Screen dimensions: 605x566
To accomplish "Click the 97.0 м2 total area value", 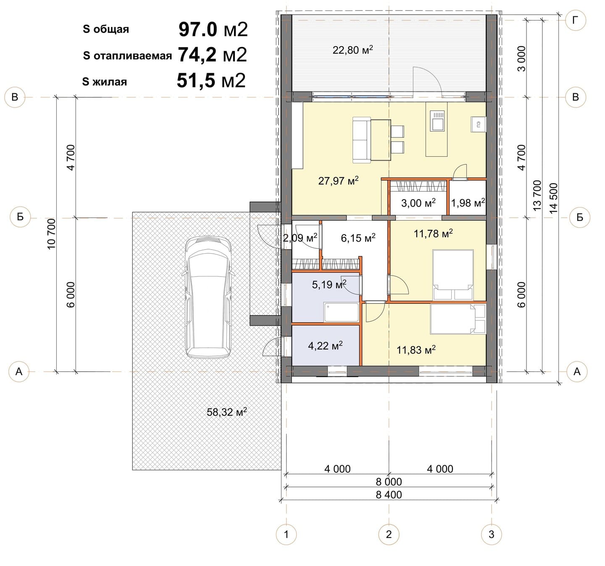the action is pyautogui.click(x=213, y=29).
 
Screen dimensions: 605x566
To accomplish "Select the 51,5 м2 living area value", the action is pyautogui.click(x=211, y=81).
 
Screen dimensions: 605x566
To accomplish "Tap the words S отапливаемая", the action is pyautogui.click(x=127, y=56).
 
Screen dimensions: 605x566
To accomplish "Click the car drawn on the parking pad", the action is pyautogui.click(x=208, y=297).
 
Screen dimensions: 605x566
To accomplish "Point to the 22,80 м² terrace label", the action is pyautogui.click(x=353, y=50).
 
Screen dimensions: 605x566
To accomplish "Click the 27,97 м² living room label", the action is pyautogui.click(x=339, y=181).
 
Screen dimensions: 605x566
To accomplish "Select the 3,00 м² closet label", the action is pyautogui.click(x=418, y=203).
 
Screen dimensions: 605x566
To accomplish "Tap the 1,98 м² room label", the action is pyautogui.click(x=468, y=203).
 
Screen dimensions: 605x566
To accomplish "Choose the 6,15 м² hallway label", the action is pyautogui.click(x=358, y=238).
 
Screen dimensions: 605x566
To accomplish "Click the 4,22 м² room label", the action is pyautogui.click(x=325, y=346).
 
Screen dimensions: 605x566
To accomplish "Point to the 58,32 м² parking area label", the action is pyautogui.click(x=227, y=412).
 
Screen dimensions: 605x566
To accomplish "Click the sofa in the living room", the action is pyautogui.click(x=362, y=140).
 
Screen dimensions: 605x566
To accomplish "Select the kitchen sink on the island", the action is pyautogui.click(x=437, y=121).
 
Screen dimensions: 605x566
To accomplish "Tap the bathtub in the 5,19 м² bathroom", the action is pyautogui.click(x=342, y=312).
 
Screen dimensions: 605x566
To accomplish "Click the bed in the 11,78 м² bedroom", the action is pyautogui.click(x=453, y=275).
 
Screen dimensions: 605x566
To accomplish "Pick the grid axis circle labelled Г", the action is pyautogui.click(x=576, y=21).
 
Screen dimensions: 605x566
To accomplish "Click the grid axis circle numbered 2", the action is pyautogui.click(x=389, y=534).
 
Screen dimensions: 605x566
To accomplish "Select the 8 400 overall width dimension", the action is pyautogui.click(x=389, y=495).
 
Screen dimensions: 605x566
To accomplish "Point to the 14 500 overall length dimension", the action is pyautogui.click(x=553, y=198).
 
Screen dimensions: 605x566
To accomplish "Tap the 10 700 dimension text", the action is pyautogui.click(x=52, y=234).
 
